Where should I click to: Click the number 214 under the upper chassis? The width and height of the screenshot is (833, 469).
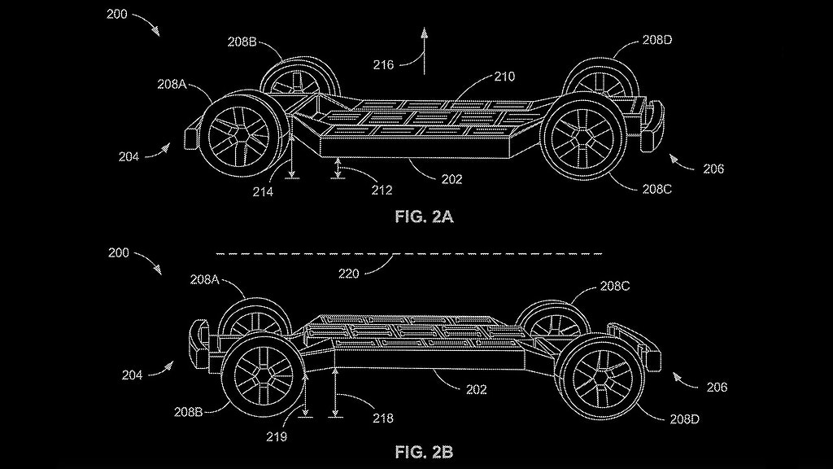click(x=264, y=192)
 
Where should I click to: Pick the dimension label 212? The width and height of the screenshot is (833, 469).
click(x=382, y=191)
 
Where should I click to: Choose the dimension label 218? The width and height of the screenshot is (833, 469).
click(x=382, y=418)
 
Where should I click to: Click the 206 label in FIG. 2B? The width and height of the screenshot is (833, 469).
click(x=717, y=387)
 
